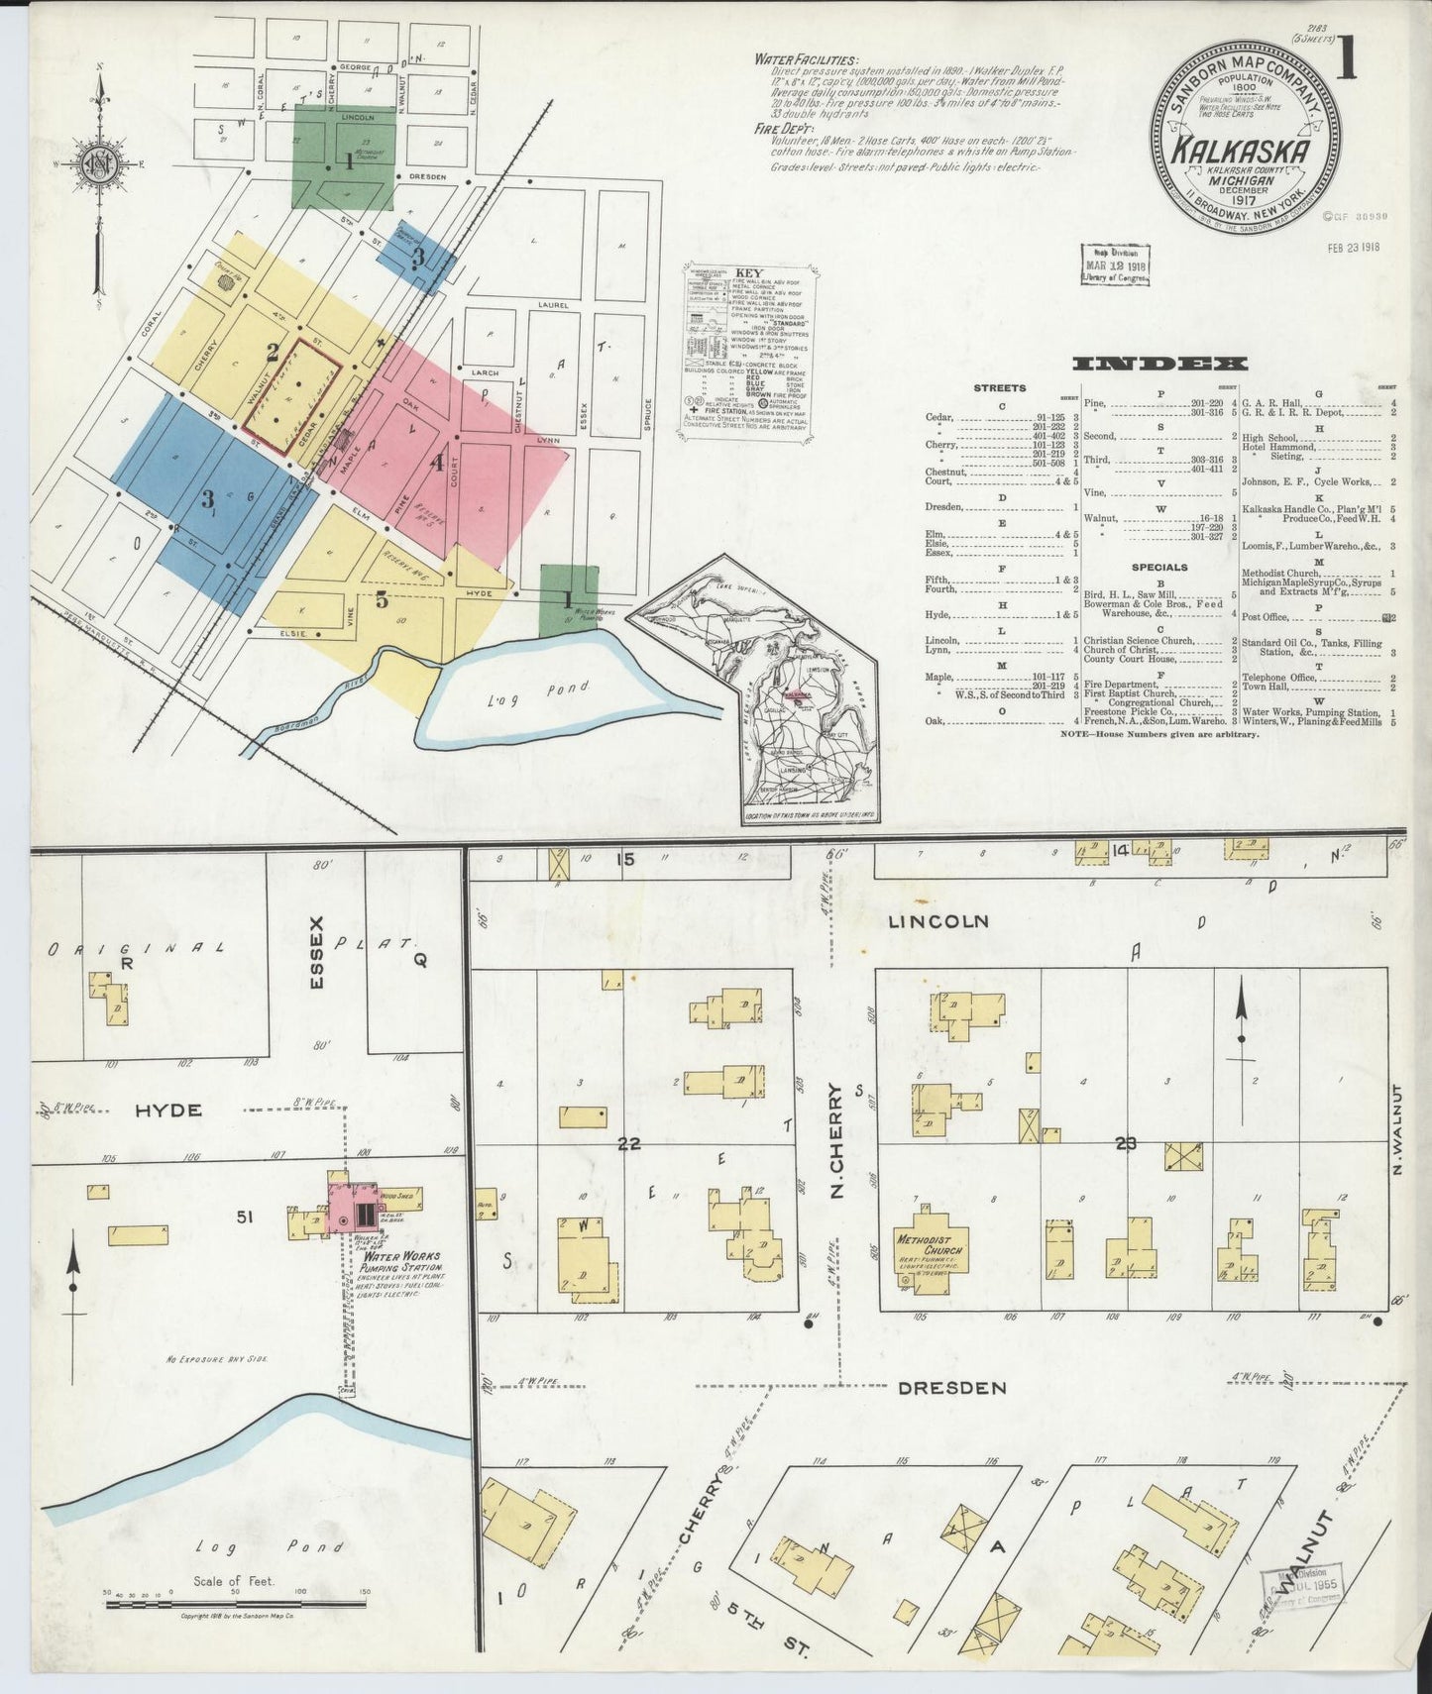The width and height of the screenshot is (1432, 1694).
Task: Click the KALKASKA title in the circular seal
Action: pos(1243,153)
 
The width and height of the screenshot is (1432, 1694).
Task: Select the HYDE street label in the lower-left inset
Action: pos(168,1111)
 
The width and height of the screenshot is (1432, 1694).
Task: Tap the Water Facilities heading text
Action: pos(807,59)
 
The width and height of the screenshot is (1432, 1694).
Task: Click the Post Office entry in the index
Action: pos(1269,617)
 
